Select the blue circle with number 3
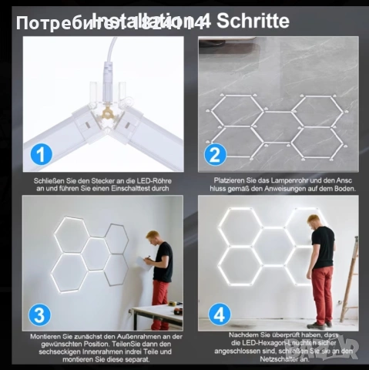pyautogui.click(x=42, y=314)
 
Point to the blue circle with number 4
pyautogui.click(x=219, y=314)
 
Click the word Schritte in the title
pyautogui.click(x=253, y=21)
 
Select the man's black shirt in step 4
pyautogui.click(x=323, y=247)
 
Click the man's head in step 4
pyautogui.click(x=315, y=221)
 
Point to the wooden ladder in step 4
pyautogui.click(x=351, y=277)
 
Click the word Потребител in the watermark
pyautogui.click(x=55, y=24)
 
